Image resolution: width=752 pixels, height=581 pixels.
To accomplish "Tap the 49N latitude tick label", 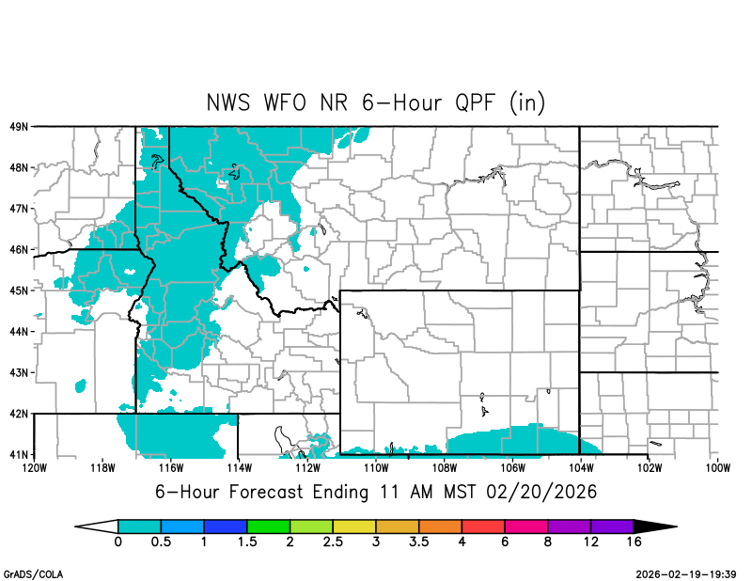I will [x=18, y=126].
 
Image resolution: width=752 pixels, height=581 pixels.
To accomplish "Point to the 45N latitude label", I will [x=18, y=290].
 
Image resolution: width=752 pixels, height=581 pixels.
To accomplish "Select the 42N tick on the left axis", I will [x=18, y=414].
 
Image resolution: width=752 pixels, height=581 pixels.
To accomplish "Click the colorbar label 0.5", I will [x=162, y=542].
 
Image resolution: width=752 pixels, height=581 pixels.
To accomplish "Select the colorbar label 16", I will [x=634, y=542].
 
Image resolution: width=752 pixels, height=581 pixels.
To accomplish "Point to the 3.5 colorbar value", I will [x=419, y=542].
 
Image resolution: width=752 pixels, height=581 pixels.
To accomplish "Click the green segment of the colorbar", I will [x=269, y=526].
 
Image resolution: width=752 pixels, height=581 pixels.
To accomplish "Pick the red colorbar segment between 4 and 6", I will [x=484, y=526].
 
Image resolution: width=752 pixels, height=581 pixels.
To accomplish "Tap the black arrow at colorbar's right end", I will [x=654, y=526].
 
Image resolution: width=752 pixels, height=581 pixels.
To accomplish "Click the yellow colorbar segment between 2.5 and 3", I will [x=355, y=526].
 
